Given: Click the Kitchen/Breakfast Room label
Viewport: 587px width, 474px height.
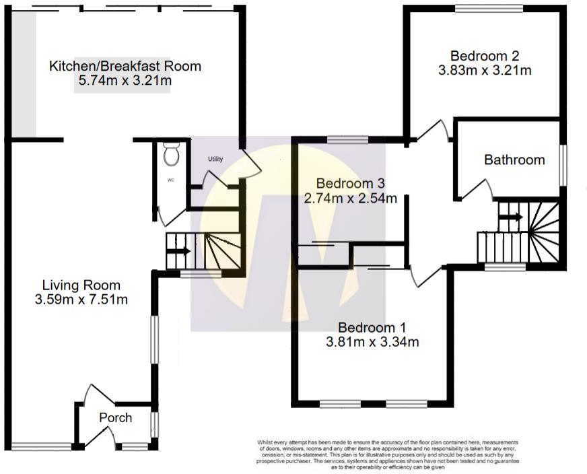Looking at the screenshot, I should pos(125,66).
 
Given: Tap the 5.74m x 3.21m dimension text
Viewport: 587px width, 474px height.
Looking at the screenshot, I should pos(125,81).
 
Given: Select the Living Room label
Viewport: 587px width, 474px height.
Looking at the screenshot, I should pos(81,285).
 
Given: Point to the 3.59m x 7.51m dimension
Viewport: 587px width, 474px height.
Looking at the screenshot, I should pos(81,300).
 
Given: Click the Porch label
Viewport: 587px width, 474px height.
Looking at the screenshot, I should pos(116,417).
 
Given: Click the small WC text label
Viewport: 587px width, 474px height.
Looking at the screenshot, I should pos(170,180).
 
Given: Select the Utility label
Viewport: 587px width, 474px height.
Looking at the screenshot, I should pos(215,160).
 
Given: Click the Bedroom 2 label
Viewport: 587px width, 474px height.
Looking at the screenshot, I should pos(485,56).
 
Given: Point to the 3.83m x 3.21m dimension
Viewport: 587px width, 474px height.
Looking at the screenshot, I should pos(485,70).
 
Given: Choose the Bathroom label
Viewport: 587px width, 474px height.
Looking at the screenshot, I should pos(514,160).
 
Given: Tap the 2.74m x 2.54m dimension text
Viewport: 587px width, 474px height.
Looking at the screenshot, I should pos(350,198).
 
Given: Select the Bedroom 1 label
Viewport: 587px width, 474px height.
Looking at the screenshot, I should pos(372,328).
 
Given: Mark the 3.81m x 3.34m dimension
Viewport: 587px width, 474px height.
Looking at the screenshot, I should pos(372,342).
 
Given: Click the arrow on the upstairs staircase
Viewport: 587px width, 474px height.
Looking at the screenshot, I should pos(511,217).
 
